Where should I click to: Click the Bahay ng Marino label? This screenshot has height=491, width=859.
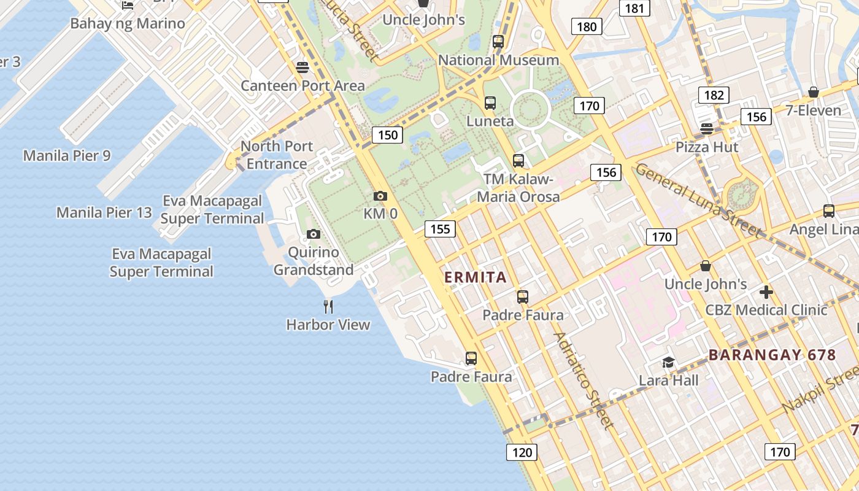coord(128,24)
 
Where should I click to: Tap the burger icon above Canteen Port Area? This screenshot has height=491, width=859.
coord(302,68)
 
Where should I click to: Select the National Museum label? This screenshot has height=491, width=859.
coord(498,60)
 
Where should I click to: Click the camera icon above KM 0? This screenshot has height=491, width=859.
coord(380,196)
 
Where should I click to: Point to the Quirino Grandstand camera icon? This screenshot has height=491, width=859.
coord(314,234)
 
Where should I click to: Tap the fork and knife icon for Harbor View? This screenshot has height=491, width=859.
coord(328,306)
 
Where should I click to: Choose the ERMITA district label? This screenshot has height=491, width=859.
coord(476,277)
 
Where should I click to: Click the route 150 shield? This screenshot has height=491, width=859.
coord(387,135)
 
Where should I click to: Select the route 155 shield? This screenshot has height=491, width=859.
coord(440,230)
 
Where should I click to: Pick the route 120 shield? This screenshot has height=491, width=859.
coord(522,453)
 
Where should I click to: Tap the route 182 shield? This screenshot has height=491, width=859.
coord(714,95)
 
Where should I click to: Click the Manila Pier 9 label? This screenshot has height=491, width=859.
coord(67,156)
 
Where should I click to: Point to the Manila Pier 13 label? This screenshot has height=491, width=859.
coord(104,213)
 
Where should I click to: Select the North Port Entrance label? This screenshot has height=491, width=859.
coord(277,155)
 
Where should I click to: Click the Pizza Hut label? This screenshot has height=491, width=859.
coord(707,147)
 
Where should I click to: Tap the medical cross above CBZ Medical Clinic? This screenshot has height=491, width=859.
coord(766,292)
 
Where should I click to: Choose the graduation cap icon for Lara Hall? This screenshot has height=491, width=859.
coord(668,363)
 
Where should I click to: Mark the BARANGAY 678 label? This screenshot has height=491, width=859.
coord(772,355)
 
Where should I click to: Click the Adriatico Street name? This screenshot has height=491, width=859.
coord(583,381)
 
